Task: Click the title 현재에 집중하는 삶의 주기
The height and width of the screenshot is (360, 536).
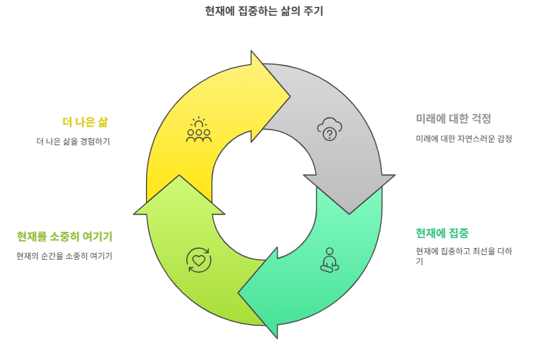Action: click(x=264, y=11)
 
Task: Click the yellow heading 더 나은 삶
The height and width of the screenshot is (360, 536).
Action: click(x=85, y=122)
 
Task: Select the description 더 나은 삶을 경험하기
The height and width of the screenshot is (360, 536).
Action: click(x=73, y=142)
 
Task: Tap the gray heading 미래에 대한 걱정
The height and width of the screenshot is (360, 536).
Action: click(x=453, y=119)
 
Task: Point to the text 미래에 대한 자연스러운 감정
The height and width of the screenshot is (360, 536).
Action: click(x=464, y=138)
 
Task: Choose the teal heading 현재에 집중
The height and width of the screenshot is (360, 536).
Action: click(x=442, y=233)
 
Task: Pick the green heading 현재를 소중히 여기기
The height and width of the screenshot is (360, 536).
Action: click(x=65, y=237)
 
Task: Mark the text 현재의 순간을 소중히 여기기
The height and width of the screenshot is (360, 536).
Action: click(x=65, y=256)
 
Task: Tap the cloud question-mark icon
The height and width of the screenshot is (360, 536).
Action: click(x=329, y=129)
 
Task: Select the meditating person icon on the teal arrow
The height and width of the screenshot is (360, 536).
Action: click(x=329, y=260)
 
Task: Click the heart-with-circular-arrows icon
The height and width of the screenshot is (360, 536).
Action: click(x=198, y=260)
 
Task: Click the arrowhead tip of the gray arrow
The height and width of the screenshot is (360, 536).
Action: click(x=349, y=213)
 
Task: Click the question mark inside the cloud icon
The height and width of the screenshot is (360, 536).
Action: click(x=330, y=134)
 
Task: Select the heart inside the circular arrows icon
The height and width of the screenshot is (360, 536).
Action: click(x=198, y=260)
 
